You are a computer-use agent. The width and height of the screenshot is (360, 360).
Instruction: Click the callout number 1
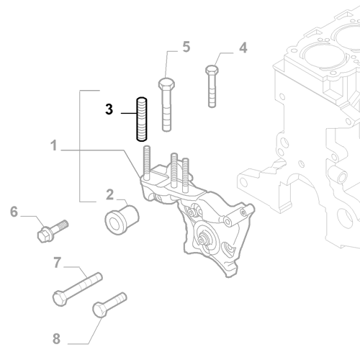[54, 145]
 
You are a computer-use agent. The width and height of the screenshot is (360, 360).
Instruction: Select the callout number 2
[109, 194]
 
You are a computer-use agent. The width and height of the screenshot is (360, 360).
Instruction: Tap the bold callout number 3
[109, 109]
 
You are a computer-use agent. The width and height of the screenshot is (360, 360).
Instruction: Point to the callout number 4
[243, 48]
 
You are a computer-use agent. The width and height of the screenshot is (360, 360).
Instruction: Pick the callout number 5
[186, 48]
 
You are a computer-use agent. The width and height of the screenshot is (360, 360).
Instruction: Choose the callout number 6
[13, 212]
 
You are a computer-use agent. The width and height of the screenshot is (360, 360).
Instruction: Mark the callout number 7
[57, 264]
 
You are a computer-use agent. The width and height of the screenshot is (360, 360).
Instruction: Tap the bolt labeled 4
[212, 86]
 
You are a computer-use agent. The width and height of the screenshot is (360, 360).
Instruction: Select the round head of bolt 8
[99, 310]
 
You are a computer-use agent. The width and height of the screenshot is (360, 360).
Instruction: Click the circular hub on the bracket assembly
[207, 239]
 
